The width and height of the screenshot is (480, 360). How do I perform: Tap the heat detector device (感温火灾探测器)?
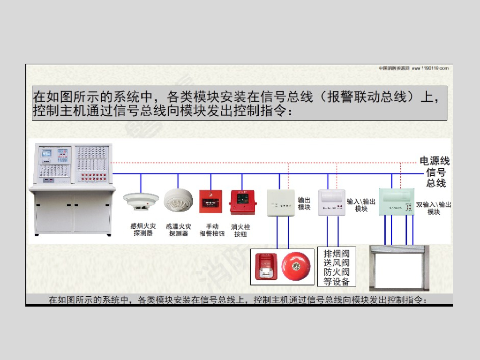click(x=178, y=200)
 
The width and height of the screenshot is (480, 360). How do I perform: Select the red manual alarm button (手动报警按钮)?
click(x=210, y=202)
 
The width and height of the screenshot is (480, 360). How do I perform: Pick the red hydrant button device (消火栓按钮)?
click(x=242, y=202)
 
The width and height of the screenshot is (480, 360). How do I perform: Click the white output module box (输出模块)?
click(x=280, y=202)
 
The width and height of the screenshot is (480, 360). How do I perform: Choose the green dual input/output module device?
click(x=397, y=201)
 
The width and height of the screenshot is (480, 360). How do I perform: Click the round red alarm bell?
click(x=296, y=266)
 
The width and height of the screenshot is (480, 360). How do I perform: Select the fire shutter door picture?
click(x=396, y=268)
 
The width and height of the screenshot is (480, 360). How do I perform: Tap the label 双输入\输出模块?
click(x=434, y=208)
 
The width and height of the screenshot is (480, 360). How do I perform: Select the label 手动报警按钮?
click(x=212, y=230)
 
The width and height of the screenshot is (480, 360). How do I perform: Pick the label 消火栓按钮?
click(x=240, y=230)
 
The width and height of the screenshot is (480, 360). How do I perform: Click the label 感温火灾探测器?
click(x=179, y=230)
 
